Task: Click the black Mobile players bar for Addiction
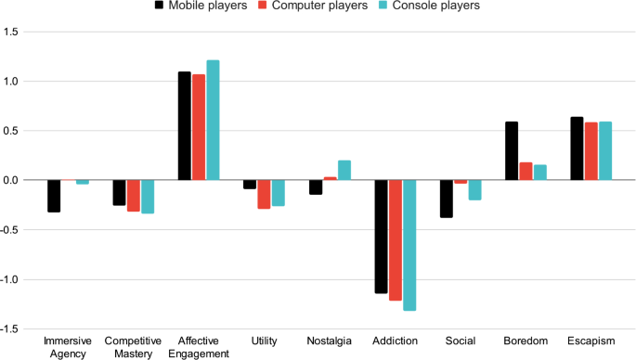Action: pyautogui.click(x=381, y=237)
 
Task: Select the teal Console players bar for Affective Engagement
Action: pyautogui.click(x=213, y=120)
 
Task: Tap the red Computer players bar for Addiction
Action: pyautogui.click(x=396, y=240)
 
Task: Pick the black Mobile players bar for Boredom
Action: pyautogui.click(x=512, y=151)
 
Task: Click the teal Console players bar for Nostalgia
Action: pyautogui.click(x=344, y=171)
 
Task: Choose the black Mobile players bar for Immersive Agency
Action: pyautogui.click(x=54, y=196)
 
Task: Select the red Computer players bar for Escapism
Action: pyautogui.click(x=591, y=151)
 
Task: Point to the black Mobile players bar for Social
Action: pyautogui.click(x=447, y=199)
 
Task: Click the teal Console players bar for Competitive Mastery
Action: pyautogui.click(x=148, y=197)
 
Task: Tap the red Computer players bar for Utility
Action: pyautogui.click(x=265, y=194)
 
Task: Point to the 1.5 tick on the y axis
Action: pyautogui.click(x=11, y=32)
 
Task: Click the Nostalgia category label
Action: pyautogui.click(x=330, y=341)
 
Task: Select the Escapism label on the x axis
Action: pyautogui.click(x=591, y=341)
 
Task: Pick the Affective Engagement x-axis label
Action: pyautogui.click(x=198, y=347)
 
